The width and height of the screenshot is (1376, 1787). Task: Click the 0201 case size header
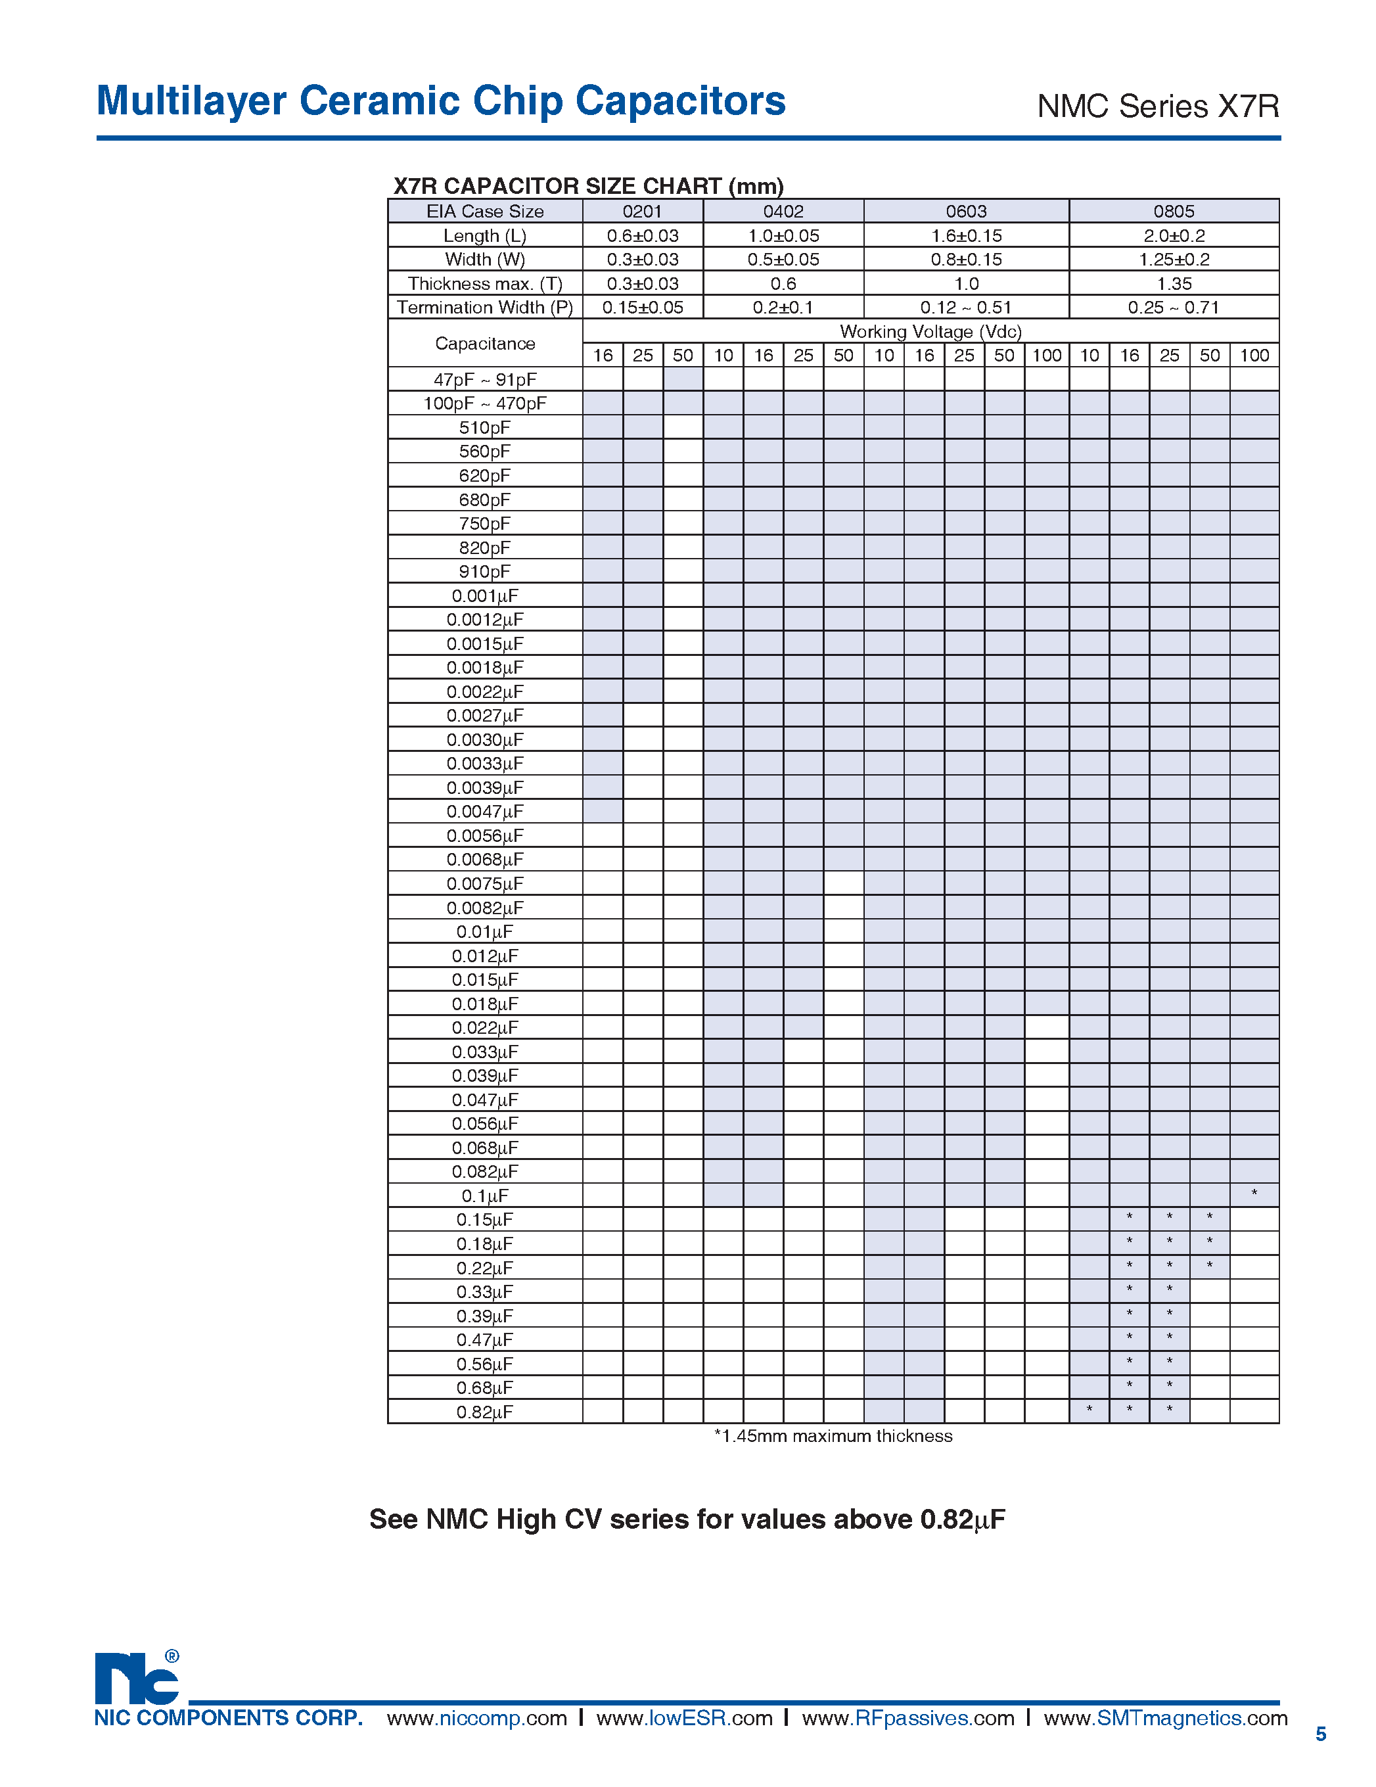[x=642, y=211]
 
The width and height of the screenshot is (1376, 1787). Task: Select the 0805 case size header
[x=1173, y=211]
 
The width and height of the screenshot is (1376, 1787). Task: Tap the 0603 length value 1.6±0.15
[x=966, y=236]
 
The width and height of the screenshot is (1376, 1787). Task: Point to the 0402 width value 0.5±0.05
[x=783, y=260]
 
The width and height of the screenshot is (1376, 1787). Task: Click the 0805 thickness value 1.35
[x=1173, y=284]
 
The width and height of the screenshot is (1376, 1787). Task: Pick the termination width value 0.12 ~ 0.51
[x=965, y=308]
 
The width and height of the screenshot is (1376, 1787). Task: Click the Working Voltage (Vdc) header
[x=930, y=331]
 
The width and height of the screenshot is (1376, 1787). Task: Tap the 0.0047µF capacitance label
[x=485, y=812]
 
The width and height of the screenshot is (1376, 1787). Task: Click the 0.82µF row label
[x=485, y=1412]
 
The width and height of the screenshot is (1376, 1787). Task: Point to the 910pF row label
[x=485, y=572]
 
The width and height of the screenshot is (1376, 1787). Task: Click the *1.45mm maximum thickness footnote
[x=833, y=1436]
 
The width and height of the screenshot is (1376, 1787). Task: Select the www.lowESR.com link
[x=684, y=1718]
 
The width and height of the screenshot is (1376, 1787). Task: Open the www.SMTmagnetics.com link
[x=1165, y=1718]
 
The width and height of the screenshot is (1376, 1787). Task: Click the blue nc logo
[x=137, y=1679]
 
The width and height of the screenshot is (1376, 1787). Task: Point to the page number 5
[x=1320, y=1734]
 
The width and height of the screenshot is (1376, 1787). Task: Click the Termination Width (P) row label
[x=485, y=308]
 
